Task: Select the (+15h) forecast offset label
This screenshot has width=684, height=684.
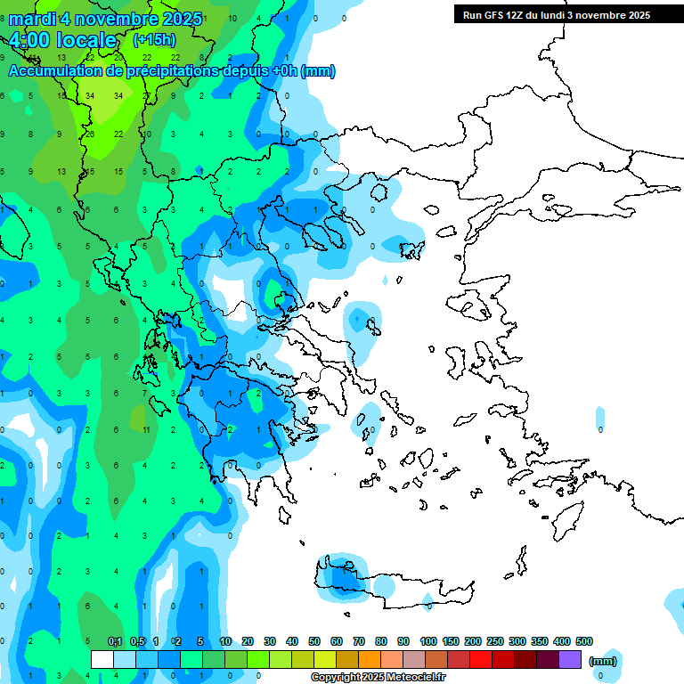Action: coord(154,40)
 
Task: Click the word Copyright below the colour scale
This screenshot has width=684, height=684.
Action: coord(337,678)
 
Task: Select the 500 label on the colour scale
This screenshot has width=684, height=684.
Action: coord(584,641)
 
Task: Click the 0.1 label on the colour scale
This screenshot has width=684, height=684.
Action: coord(114,641)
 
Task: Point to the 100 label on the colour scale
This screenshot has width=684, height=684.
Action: coord(427,641)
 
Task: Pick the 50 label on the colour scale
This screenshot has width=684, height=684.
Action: coord(314,641)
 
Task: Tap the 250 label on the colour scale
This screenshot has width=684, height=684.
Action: coord(495,641)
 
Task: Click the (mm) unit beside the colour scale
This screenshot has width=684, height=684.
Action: coord(603,661)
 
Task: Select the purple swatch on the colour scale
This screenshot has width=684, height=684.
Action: coord(570,660)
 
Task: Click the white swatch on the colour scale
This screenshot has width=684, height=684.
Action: coord(102,660)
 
